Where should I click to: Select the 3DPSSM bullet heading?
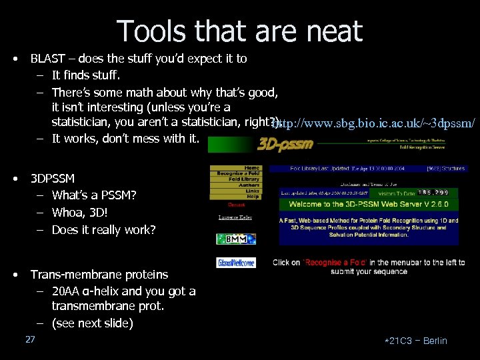[53, 179]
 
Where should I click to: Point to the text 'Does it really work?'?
[103, 230]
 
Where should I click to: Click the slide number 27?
[30, 340]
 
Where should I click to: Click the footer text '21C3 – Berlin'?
[417, 341]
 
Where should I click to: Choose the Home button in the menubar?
[251, 168]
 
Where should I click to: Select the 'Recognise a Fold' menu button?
[239, 173]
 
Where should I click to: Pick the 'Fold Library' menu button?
[244, 179]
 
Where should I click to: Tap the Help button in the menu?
[252, 197]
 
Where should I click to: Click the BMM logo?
[235, 239]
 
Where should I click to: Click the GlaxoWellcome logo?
[235, 263]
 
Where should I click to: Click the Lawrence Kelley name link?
[235, 217]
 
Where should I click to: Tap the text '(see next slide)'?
[92, 323]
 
